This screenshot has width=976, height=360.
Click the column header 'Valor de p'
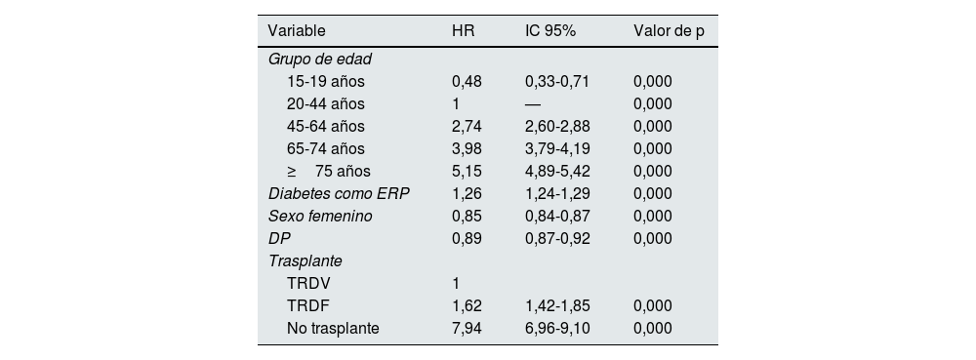669,30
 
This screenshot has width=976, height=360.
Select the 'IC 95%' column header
550,30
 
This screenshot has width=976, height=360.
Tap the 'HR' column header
463,30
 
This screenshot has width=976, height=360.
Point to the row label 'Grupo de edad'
320,59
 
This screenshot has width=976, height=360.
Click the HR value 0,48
467,81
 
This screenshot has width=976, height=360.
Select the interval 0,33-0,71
556,81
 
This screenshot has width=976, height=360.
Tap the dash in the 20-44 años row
533,103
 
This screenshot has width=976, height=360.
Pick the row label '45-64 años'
325,126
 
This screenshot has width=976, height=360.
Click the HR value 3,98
467,148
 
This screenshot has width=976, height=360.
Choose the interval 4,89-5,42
556,171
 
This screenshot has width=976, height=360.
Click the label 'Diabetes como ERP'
339,193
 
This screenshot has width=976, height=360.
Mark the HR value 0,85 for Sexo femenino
467,216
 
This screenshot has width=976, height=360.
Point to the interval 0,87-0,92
556,238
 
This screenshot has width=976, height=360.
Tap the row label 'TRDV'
306,284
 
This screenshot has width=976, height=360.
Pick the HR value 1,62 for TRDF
467,306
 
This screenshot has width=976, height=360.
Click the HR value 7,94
467,329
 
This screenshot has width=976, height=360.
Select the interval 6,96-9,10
556,329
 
